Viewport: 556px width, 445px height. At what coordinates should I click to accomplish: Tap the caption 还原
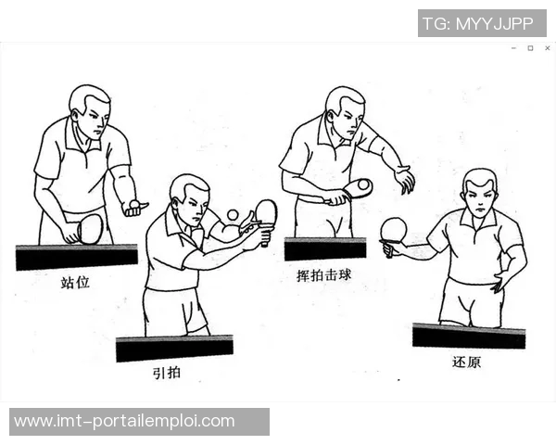467,362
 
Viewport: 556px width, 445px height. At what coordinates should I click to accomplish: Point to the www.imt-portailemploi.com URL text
125,421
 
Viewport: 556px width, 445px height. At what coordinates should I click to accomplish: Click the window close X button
547,47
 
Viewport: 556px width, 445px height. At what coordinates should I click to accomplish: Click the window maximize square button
530,47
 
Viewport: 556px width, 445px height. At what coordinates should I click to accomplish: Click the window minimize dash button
513,47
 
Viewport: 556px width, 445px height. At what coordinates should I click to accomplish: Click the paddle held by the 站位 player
88,228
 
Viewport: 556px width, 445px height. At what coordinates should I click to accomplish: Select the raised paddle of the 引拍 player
266,212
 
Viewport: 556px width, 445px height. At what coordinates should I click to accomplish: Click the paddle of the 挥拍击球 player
357,188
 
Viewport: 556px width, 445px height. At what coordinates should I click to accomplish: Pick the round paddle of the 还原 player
394,230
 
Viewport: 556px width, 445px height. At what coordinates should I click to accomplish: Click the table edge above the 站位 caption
76,256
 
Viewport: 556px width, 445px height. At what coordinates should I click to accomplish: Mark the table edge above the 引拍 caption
174,348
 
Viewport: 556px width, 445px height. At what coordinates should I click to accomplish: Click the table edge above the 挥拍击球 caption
325,248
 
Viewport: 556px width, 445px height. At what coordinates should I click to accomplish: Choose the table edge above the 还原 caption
469,335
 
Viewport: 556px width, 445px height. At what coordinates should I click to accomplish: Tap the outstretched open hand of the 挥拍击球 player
404,178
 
